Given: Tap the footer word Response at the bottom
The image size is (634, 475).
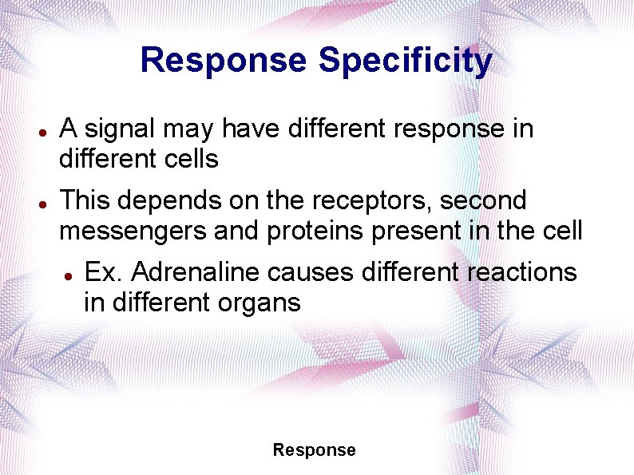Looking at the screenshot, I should (314, 450).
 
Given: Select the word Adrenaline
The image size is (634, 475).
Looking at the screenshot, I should (196, 272).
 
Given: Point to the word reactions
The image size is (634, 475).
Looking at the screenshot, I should (520, 272).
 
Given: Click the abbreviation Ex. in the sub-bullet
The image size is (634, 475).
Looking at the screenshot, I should (104, 272).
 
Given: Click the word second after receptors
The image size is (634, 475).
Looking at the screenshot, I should (488, 200).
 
